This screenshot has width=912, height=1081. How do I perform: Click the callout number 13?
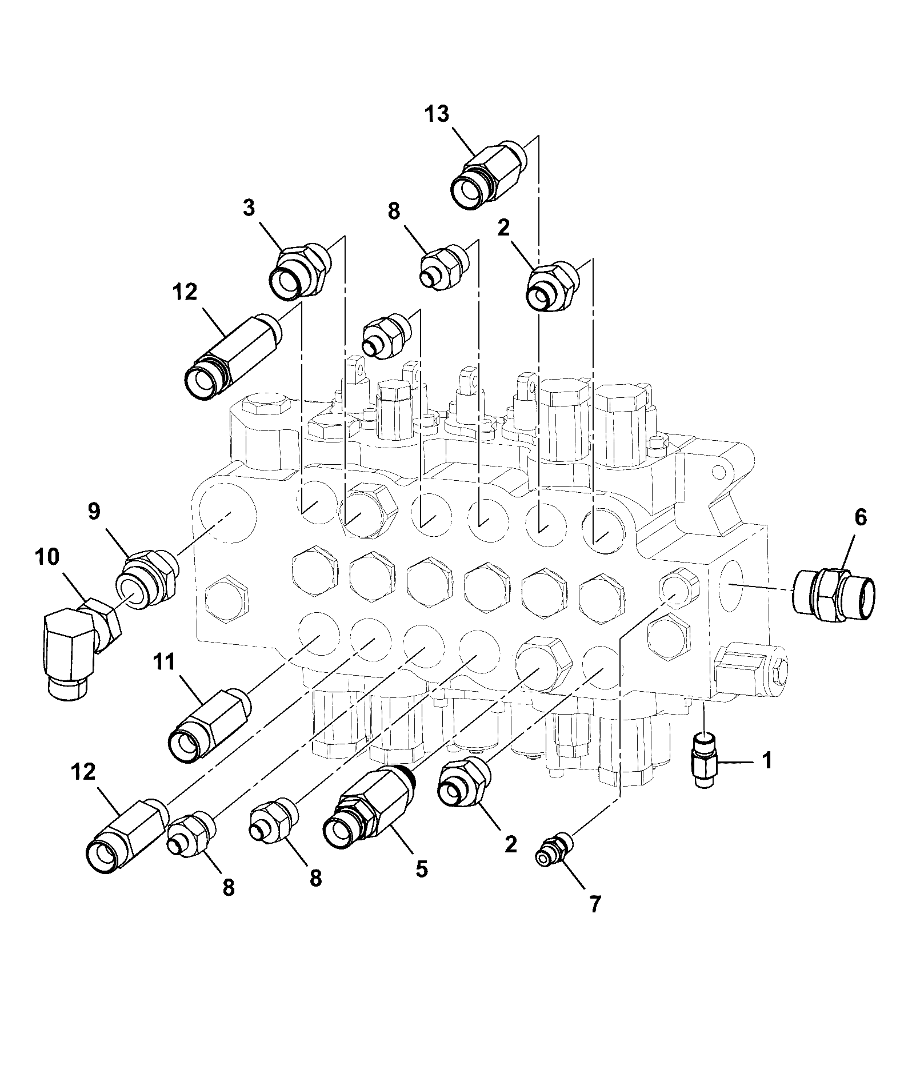(437, 114)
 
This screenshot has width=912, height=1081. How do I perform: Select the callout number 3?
(249, 208)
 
